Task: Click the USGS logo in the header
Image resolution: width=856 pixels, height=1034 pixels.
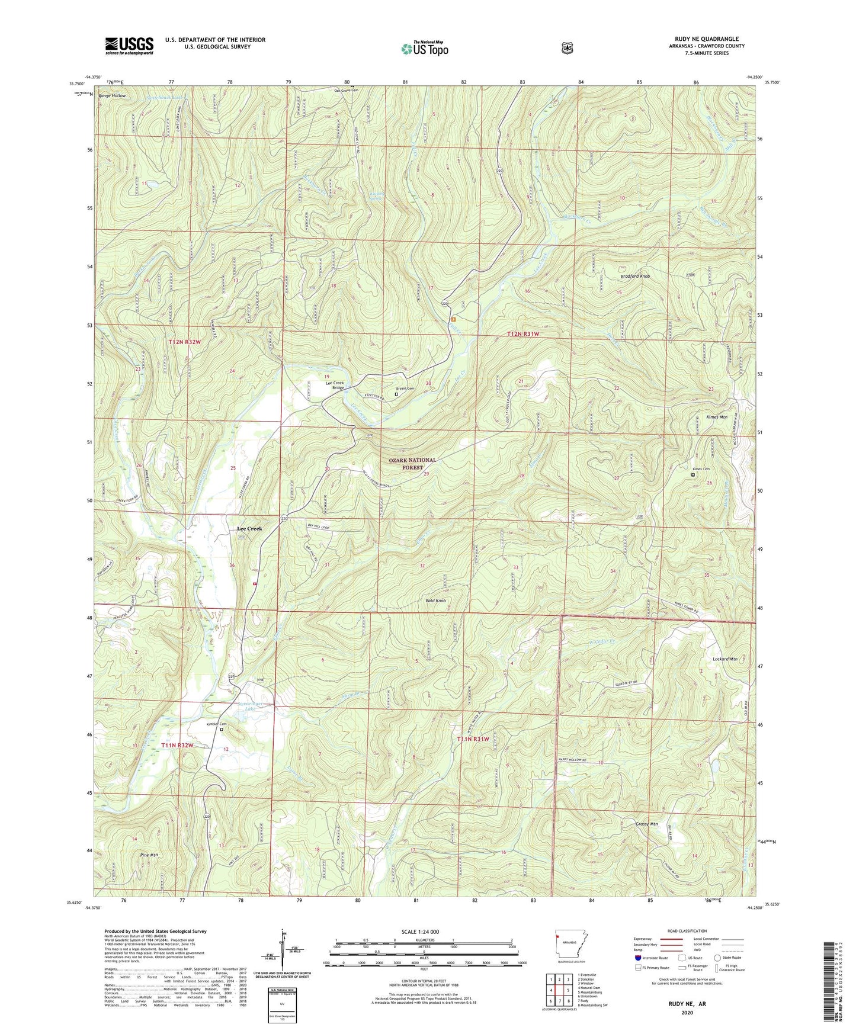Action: coord(129,46)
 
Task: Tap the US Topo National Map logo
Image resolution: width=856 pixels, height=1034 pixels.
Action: coord(425,49)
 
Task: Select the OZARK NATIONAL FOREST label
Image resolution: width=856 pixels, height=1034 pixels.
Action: coord(412,464)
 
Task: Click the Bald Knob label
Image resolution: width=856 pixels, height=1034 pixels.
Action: coord(435,601)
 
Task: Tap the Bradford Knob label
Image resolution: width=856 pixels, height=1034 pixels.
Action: coord(635,277)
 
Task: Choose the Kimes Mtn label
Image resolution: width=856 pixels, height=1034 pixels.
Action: coord(716,417)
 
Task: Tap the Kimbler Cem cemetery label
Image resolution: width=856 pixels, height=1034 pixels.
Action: coord(217,724)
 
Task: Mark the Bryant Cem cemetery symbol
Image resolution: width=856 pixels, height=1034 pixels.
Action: coord(396,394)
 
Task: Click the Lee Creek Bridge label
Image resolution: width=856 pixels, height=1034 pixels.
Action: coord(335,386)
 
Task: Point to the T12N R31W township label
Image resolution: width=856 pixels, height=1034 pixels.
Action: coord(523,334)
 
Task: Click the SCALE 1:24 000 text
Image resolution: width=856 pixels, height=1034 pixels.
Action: coord(420,932)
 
